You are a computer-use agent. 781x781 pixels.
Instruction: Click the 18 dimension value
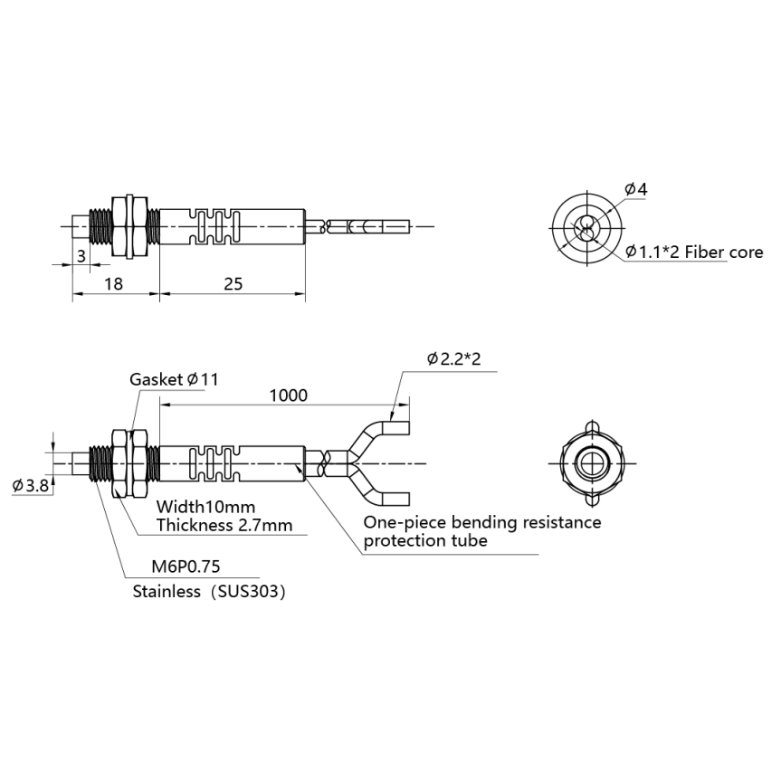pyautogui.click(x=113, y=284)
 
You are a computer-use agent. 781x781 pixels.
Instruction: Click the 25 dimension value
pyautogui.click(x=233, y=284)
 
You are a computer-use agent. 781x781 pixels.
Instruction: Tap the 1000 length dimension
pyautogui.click(x=289, y=395)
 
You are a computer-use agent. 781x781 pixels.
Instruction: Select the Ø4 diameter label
pyautogui.click(x=636, y=189)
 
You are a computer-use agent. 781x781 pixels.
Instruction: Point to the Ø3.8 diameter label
pyautogui.click(x=31, y=485)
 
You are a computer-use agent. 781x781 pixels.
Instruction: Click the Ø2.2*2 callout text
pyautogui.click(x=453, y=358)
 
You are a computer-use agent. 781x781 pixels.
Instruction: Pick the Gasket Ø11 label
pyautogui.click(x=174, y=379)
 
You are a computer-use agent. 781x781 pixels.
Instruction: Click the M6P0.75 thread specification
pyautogui.click(x=186, y=567)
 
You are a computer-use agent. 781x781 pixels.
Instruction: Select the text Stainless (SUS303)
pyautogui.click(x=209, y=592)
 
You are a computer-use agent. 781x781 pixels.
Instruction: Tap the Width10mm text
pyautogui.click(x=205, y=507)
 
